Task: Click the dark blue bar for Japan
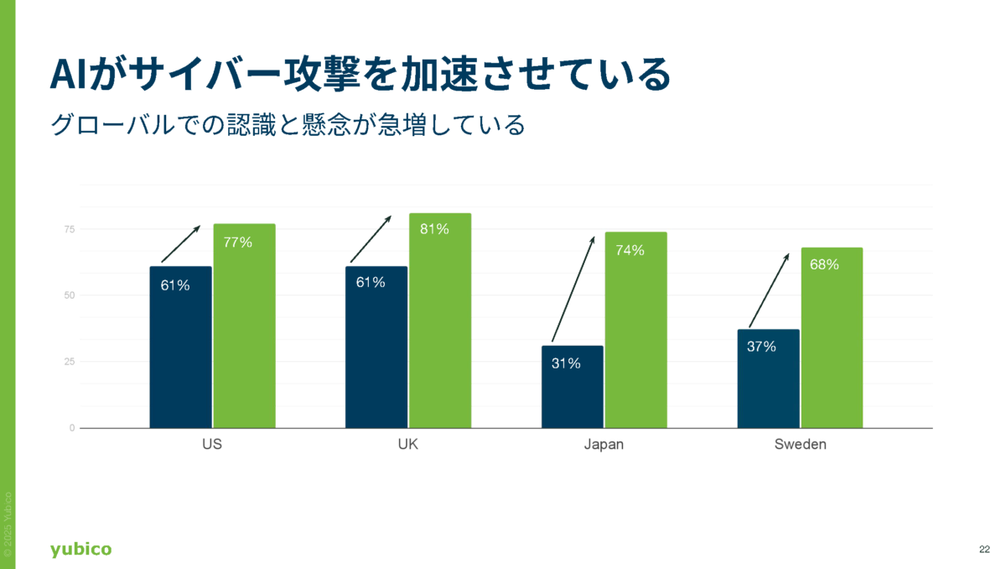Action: [x=572, y=386]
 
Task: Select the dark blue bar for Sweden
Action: [x=768, y=378]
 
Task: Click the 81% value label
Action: [x=434, y=229]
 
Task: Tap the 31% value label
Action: [x=566, y=363]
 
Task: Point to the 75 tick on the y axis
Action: [x=69, y=229]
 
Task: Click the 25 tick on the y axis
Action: [x=69, y=362]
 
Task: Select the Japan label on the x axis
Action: [x=604, y=445]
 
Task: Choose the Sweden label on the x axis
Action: [x=800, y=445]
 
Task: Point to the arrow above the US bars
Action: [x=180, y=243]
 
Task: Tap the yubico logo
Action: [x=80, y=550]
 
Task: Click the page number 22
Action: [x=984, y=550]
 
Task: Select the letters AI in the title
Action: [x=67, y=76]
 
